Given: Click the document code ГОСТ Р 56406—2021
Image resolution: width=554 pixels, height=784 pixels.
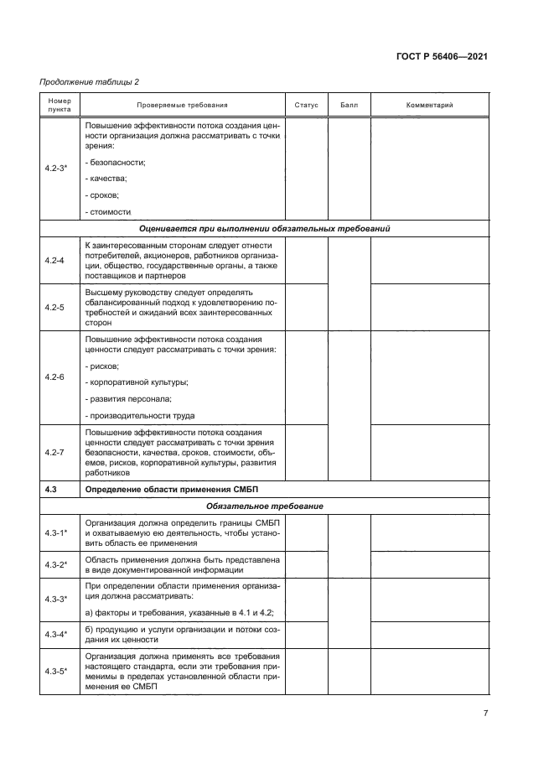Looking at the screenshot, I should pos(443,57).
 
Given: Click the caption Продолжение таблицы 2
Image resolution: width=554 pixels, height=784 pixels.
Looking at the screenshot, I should pos(89,81).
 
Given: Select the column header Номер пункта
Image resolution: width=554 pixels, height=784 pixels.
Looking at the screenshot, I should pos(60,105).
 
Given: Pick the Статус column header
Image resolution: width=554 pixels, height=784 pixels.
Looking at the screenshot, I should pos(306,106).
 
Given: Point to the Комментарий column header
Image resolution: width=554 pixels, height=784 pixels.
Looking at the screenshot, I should pos(429,106).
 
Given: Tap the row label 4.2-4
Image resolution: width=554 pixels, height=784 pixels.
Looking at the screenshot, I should pos(55,260).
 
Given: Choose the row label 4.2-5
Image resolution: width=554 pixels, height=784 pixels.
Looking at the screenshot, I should pos(55,307).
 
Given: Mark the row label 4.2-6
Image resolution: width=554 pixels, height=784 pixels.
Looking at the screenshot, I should pos(55,377).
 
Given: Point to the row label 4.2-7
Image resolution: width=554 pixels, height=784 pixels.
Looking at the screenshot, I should pos(55,451).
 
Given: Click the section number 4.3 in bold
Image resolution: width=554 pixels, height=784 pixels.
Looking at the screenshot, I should pos(50,488).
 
